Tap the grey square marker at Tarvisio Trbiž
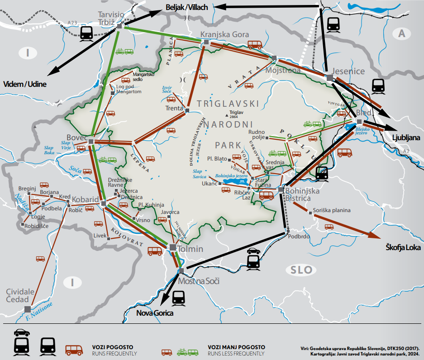click(119, 27)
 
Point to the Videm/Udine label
click(25, 84)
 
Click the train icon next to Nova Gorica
click(179, 297)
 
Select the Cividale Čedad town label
click(18, 296)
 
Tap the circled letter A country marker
click(401, 33)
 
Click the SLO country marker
click(302, 270)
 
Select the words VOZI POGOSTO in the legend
click(111, 347)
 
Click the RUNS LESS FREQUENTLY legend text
click(236, 353)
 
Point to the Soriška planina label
click(332, 211)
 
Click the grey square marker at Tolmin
click(172, 247)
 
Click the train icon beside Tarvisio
click(86, 32)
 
